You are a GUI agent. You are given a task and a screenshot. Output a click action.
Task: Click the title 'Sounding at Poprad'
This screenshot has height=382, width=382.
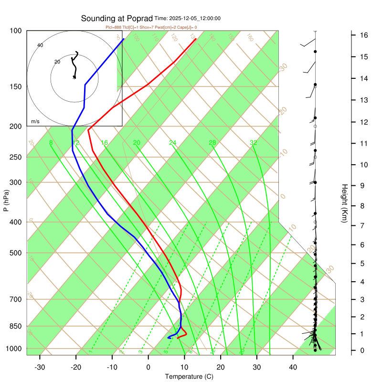click(117, 19)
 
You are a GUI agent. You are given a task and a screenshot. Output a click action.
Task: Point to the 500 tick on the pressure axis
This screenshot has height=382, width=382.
click(16, 253)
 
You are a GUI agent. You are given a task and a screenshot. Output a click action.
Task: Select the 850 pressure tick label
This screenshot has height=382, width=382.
click(16, 326)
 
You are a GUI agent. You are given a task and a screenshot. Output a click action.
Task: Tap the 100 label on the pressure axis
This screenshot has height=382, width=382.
click(16, 31)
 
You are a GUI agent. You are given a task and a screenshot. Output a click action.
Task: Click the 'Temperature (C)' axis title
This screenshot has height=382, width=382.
click(189, 377)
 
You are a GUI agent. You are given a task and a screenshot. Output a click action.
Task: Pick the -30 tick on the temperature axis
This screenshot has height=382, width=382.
click(40, 367)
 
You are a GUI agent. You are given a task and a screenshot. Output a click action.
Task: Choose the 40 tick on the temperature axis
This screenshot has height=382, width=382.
click(293, 367)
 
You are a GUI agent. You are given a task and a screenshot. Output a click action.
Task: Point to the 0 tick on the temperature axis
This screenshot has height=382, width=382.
click(148, 367)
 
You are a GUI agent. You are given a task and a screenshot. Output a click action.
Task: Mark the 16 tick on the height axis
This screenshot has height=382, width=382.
click(363, 35)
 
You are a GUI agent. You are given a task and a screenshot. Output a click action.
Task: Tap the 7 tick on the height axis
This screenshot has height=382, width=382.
click(363, 225)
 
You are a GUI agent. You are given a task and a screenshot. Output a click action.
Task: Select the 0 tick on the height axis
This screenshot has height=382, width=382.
click(363, 350)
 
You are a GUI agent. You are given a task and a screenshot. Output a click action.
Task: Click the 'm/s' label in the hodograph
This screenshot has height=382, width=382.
click(35, 122)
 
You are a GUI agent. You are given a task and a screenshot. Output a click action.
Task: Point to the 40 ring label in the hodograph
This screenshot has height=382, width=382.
click(40, 45)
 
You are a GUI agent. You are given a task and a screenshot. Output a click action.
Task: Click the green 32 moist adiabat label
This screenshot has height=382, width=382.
click(254, 143)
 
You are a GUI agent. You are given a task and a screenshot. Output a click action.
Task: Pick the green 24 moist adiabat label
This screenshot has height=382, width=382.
click(173, 143)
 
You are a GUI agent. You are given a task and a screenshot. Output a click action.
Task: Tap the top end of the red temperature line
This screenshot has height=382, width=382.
click(196, 39)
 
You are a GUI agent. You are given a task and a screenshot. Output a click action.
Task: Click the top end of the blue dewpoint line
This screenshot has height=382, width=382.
click(124, 39)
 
